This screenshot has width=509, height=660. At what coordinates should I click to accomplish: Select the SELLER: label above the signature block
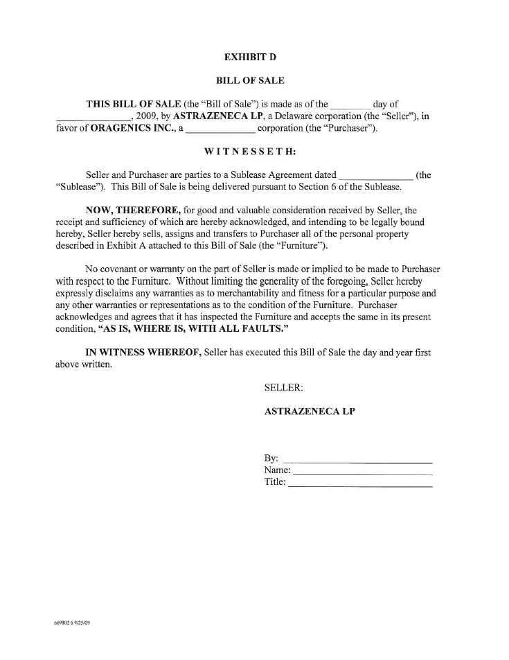284,388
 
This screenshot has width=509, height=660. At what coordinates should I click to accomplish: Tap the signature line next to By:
358,461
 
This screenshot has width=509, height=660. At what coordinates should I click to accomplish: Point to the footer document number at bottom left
72,623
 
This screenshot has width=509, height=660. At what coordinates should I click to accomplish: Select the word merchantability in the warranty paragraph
248,293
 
